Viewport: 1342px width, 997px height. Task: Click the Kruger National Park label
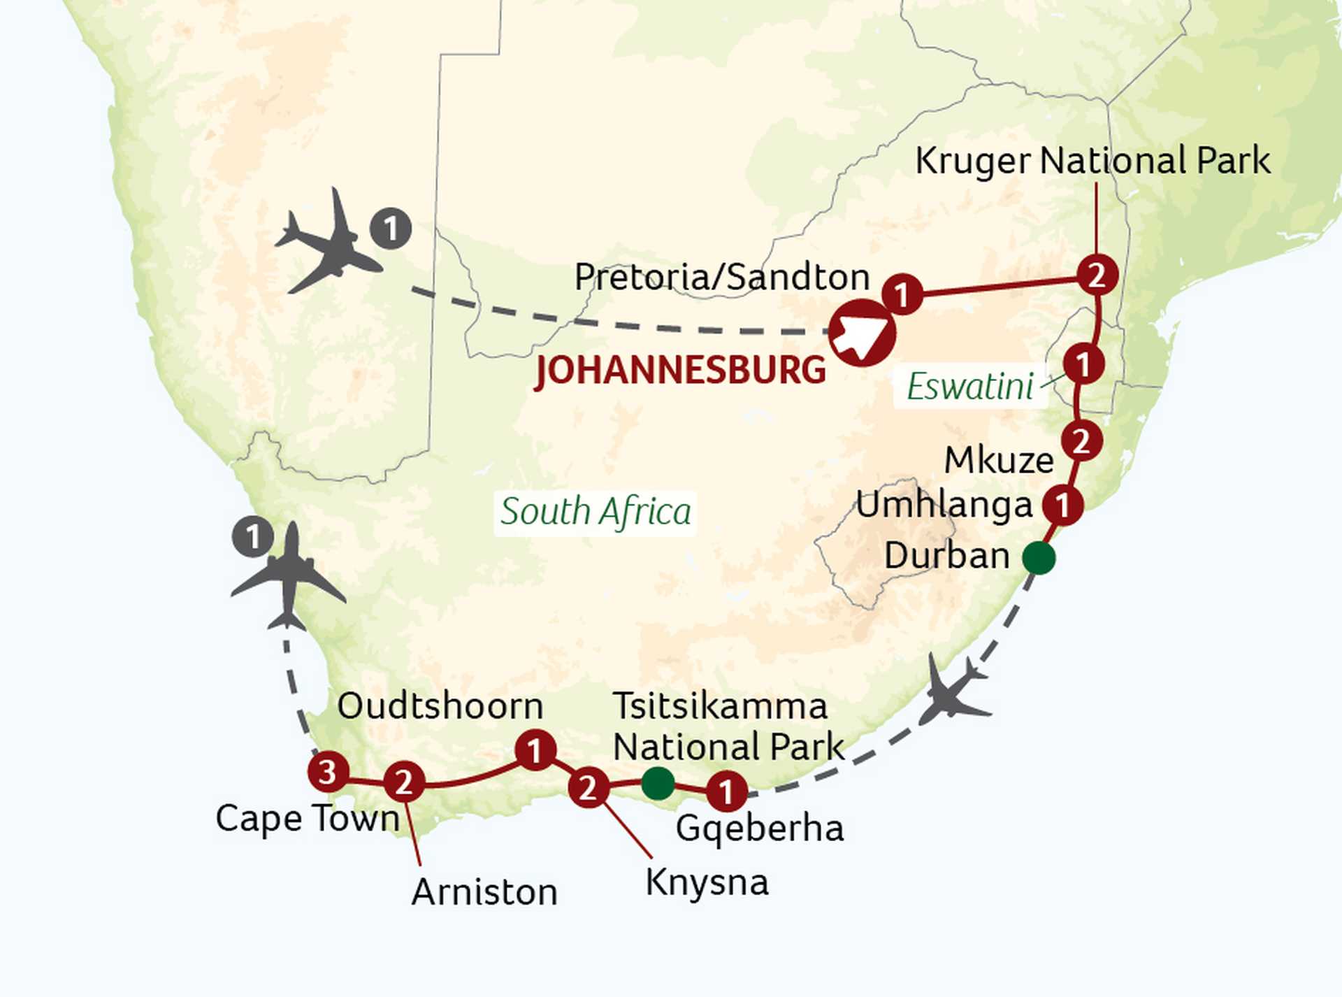point(1092,162)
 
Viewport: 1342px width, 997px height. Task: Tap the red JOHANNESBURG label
point(680,370)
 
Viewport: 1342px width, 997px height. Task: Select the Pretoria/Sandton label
point(722,277)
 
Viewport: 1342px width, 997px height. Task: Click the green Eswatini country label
point(969,386)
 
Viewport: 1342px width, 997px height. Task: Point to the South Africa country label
point(596,512)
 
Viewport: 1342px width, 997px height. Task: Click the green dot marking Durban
point(1039,558)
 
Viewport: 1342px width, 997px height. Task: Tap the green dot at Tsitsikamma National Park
point(658,783)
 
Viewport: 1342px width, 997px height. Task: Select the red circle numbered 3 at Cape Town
point(328,773)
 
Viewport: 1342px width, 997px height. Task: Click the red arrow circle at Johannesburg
point(863,333)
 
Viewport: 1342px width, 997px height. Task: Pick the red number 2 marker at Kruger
point(1097,275)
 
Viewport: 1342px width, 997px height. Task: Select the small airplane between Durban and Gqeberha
point(952,690)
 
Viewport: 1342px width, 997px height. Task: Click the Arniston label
point(484,893)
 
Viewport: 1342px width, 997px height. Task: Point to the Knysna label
point(707,882)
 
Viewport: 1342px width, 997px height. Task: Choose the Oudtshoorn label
point(440,706)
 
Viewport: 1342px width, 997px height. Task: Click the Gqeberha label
point(760,829)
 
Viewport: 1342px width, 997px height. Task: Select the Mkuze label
point(999,460)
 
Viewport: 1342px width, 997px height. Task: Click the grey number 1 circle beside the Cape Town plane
point(252,537)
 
